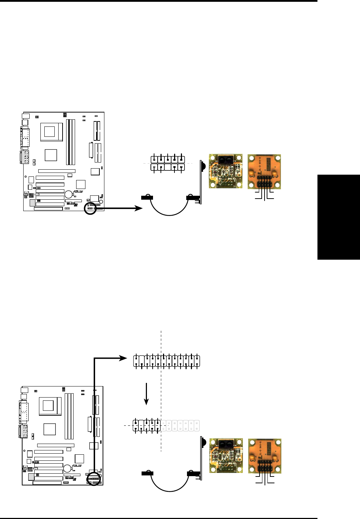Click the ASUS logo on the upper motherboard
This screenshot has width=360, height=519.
click(x=78, y=192)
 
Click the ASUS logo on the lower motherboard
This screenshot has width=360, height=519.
click(x=77, y=466)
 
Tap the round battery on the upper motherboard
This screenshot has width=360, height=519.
click(x=69, y=195)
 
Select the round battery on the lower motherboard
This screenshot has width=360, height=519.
click(x=68, y=469)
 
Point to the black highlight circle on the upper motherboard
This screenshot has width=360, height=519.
click(x=90, y=209)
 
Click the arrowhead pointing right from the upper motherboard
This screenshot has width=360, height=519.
click(x=138, y=208)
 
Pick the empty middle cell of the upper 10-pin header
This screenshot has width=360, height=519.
click(x=168, y=167)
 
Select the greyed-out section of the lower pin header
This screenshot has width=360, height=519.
click(x=180, y=426)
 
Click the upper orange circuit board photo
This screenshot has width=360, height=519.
click(x=264, y=172)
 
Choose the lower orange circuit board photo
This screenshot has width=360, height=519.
click(x=265, y=456)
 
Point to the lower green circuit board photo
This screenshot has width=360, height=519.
click(x=226, y=456)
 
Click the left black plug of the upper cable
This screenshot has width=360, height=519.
click(x=147, y=197)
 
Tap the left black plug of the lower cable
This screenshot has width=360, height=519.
click(x=148, y=474)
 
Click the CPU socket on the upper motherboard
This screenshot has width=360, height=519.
click(x=50, y=131)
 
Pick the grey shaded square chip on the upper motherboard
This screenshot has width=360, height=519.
click(x=33, y=203)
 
